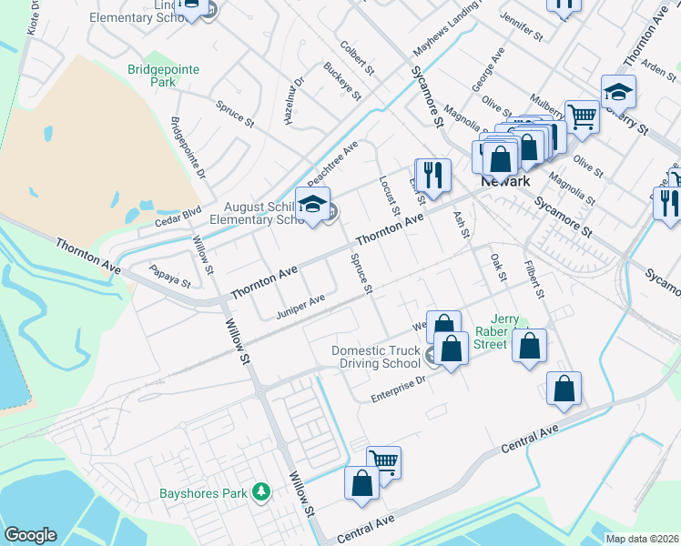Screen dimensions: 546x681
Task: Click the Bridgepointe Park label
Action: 163,75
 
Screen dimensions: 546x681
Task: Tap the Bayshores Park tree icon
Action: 262,492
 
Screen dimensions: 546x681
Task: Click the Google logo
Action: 30,535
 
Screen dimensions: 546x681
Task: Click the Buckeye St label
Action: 342,81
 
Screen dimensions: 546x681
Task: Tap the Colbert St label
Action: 357,56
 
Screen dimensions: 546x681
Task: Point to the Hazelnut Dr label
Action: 297,101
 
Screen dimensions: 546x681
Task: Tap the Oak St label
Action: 497,268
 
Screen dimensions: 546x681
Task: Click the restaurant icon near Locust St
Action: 433,174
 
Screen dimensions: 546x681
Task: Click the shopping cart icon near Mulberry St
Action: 582,116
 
